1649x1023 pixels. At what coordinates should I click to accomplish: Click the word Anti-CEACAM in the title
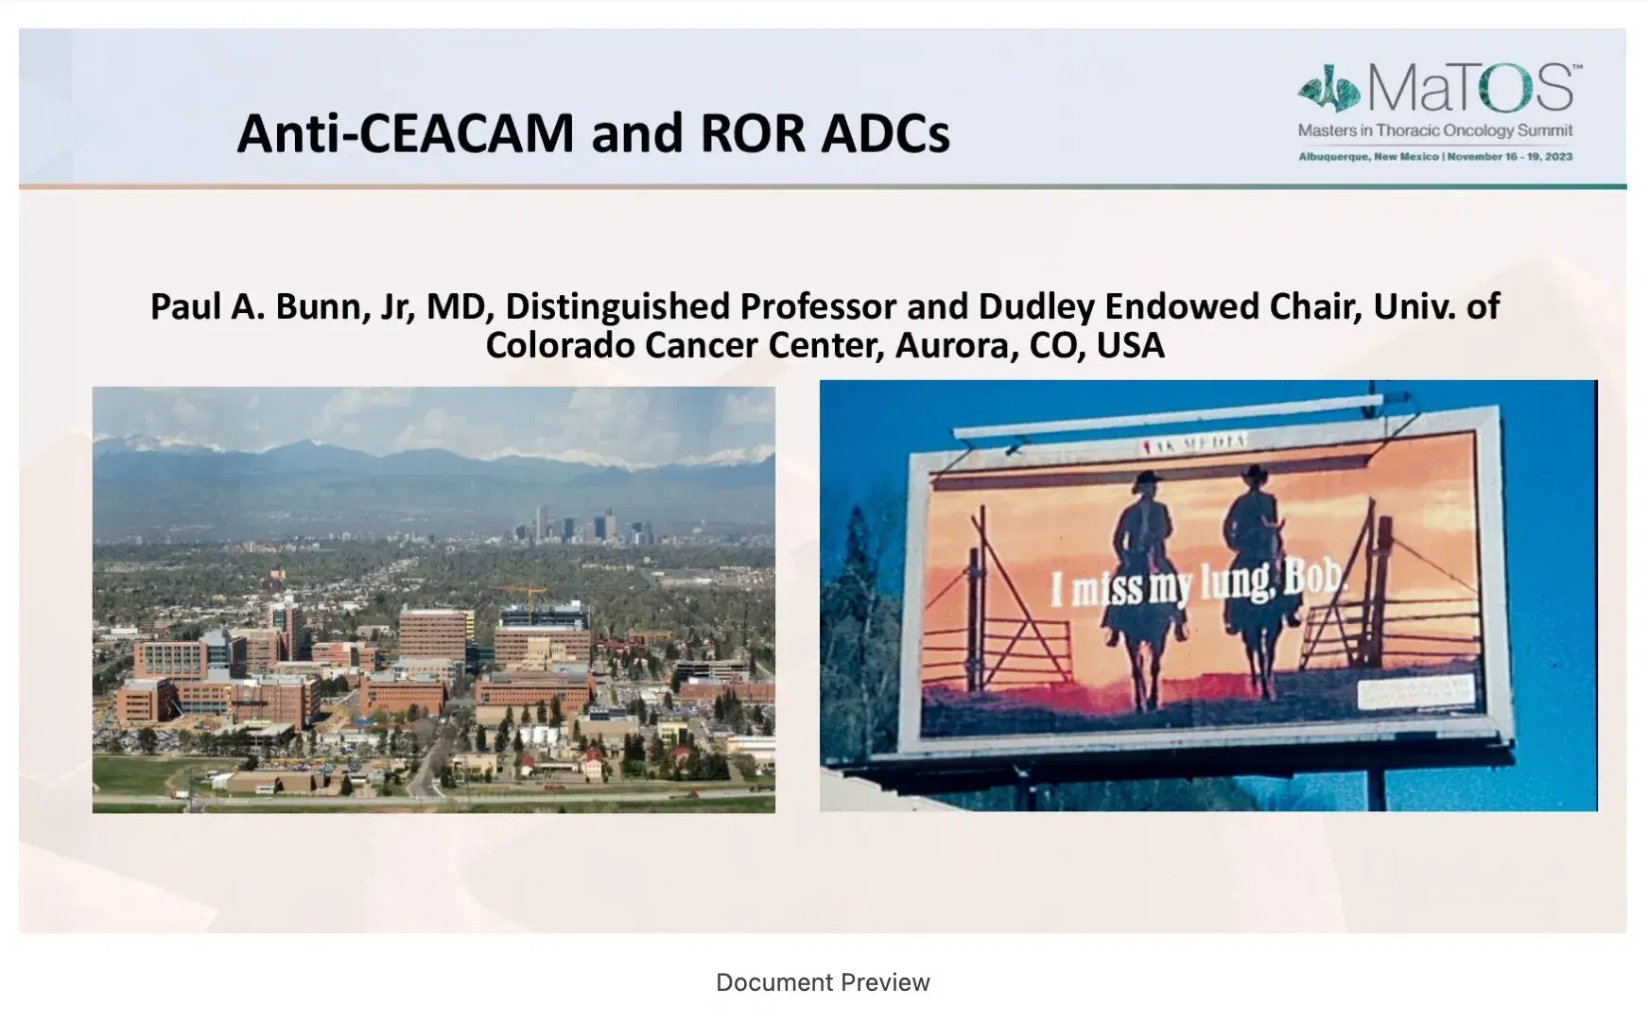405,133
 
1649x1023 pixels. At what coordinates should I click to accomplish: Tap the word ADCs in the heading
885,133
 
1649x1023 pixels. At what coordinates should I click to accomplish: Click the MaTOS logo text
1471,89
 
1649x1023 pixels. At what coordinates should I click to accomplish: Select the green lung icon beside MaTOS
1328,90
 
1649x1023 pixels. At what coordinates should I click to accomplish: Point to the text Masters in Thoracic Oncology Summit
1435,130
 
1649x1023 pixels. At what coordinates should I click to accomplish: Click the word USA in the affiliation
1130,346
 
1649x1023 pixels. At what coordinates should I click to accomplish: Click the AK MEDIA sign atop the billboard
1193,442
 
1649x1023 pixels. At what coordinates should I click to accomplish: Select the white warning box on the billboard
1415,692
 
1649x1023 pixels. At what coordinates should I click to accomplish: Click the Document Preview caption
823,982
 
